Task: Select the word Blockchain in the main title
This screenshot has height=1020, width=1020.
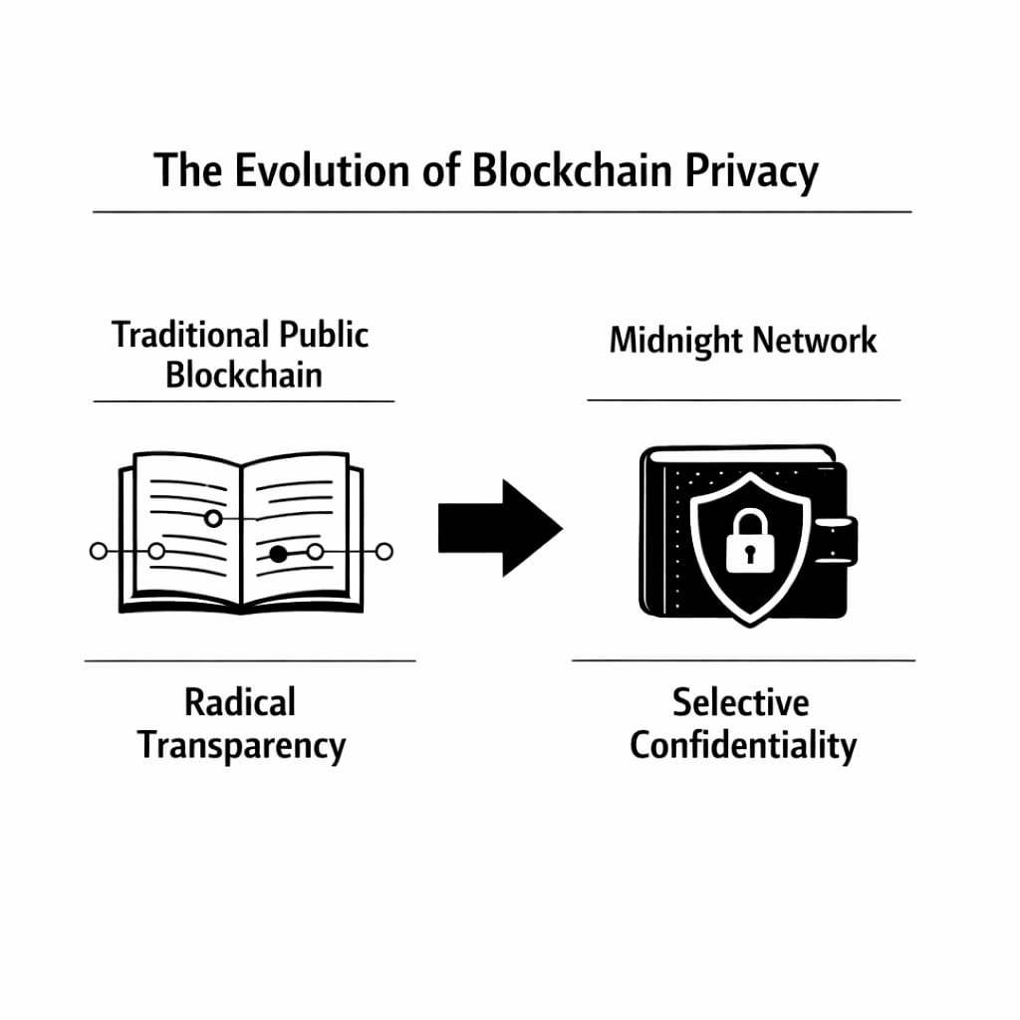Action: pyautogui.click(x=572, y=171)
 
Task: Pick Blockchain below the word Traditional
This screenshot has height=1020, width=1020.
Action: pyautogui.click(x=243, y=376)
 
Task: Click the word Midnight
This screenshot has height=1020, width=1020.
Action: pyautogui.click(x=674, y=341)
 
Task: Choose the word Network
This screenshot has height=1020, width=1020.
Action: pyautogui.click(x=815, y=341)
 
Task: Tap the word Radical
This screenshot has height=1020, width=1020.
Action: pyautogui.click(x=240, y=702)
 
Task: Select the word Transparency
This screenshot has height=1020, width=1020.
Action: pyautogui.click(x=241, y=745)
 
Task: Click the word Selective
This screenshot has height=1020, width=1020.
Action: pyautogui.click(x=740, y=702)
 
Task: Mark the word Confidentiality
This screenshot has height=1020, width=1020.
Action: pyautogui.click(x=742, y=745)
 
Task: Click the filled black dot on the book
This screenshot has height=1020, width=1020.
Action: pyautogui.click(x=279, y=554)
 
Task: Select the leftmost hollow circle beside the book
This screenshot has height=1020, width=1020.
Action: pyautogui.click(x=98, y=551)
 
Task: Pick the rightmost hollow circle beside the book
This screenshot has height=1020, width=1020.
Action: pyautogui.click(x=384, y=551)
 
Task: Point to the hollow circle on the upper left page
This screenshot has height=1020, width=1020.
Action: pyautogui.click(x=212, y=518)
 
